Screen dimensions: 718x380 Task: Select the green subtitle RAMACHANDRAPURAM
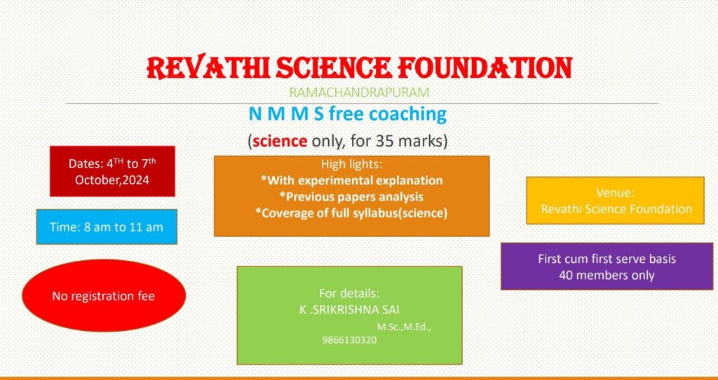(359, 93)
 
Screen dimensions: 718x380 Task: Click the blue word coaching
(408, 114)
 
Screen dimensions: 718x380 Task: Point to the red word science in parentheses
(280, 142)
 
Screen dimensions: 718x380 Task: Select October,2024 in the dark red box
(112, 180)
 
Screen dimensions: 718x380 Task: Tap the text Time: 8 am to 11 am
(107, 227)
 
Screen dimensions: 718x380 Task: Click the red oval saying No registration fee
(104, 295)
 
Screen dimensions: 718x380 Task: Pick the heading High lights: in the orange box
(351, 164)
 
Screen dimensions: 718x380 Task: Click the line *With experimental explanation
(352, 180)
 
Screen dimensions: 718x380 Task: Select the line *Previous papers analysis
(352, 197)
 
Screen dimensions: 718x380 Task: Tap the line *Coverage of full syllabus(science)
(352, 213)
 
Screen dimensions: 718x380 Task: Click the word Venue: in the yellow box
(615, 193)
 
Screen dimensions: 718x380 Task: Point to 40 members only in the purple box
(607, 276)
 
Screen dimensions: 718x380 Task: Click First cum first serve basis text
(607, 259)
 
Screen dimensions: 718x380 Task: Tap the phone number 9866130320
(349, 341)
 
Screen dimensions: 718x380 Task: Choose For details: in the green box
(349, 294)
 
